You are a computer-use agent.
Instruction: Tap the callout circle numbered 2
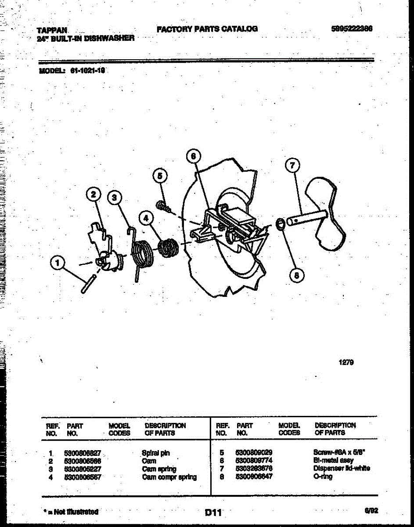93,194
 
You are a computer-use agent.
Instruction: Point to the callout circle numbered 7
292,166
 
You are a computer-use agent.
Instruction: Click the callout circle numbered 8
296,275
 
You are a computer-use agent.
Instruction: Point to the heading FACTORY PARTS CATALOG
207,29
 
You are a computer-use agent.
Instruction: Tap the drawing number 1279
346,363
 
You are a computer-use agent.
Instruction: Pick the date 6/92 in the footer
371,510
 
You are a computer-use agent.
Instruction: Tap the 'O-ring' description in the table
323,476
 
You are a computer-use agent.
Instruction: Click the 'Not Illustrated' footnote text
71,512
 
